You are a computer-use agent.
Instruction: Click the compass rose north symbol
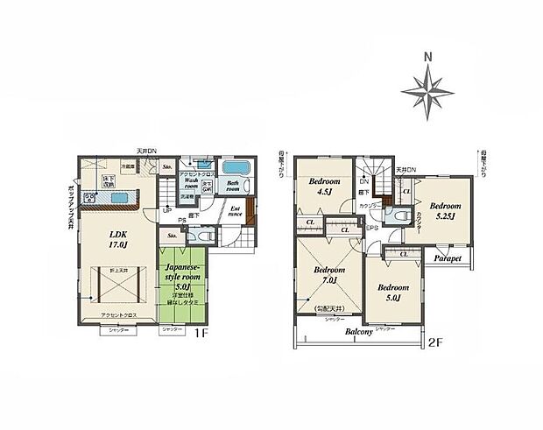coord(427,88)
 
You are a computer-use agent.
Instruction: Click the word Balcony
coord(358,333)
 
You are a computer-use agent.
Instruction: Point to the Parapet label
coord(447,258)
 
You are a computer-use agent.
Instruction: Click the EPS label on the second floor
coord(371,229)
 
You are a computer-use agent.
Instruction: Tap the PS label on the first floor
coord(181,220)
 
